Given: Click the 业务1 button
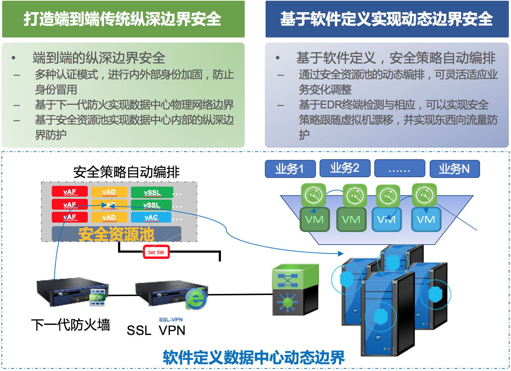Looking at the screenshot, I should (x=290, y=169).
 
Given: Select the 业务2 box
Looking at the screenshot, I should (x=345, y=168).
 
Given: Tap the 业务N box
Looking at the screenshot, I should (x=455, y=169).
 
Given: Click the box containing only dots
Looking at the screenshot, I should (x=399, y=169).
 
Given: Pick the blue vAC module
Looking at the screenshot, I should (x=151, y=217).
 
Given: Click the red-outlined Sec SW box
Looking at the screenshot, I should (x=156, y=252).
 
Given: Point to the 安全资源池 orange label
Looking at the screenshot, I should (x=116, y=234).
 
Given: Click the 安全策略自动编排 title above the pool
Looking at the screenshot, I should (x=126, y=172).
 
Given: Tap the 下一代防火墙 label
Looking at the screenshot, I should (x=71, y=325).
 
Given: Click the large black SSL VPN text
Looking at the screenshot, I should (x=156, y=330).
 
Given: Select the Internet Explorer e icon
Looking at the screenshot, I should (x=196, y=298).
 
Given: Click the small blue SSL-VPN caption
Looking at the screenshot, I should (x=171, y=319).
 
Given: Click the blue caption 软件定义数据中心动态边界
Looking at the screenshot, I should (x=254, y=357).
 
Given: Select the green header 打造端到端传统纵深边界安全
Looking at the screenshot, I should (x=123, y=19).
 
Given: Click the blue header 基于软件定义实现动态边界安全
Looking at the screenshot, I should (x=387, y=19).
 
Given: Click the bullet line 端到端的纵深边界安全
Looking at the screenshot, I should (x=99, y=58).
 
